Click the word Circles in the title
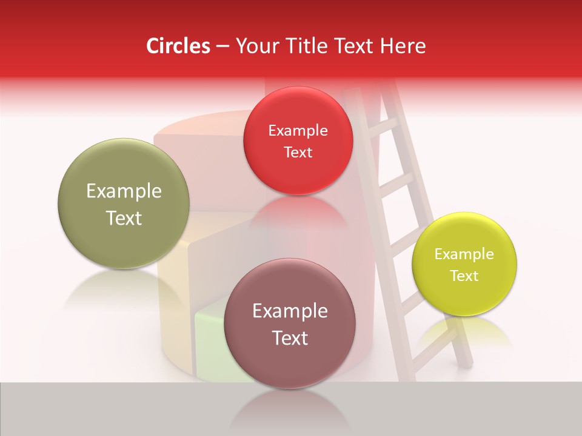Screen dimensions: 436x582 pos(178,46)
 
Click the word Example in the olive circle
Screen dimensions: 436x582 pos(124,191)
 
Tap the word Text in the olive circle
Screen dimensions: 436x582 pos(124,218)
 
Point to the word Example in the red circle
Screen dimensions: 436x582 pos(298,131)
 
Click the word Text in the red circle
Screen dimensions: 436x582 pos(298,153)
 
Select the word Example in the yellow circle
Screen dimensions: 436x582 pos(464,254)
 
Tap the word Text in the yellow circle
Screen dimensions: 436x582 pos(464,276)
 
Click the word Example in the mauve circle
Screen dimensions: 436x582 pos(290,311)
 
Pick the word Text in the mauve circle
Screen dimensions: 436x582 pos(290,338)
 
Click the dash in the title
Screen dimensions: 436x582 pos(222,47)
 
